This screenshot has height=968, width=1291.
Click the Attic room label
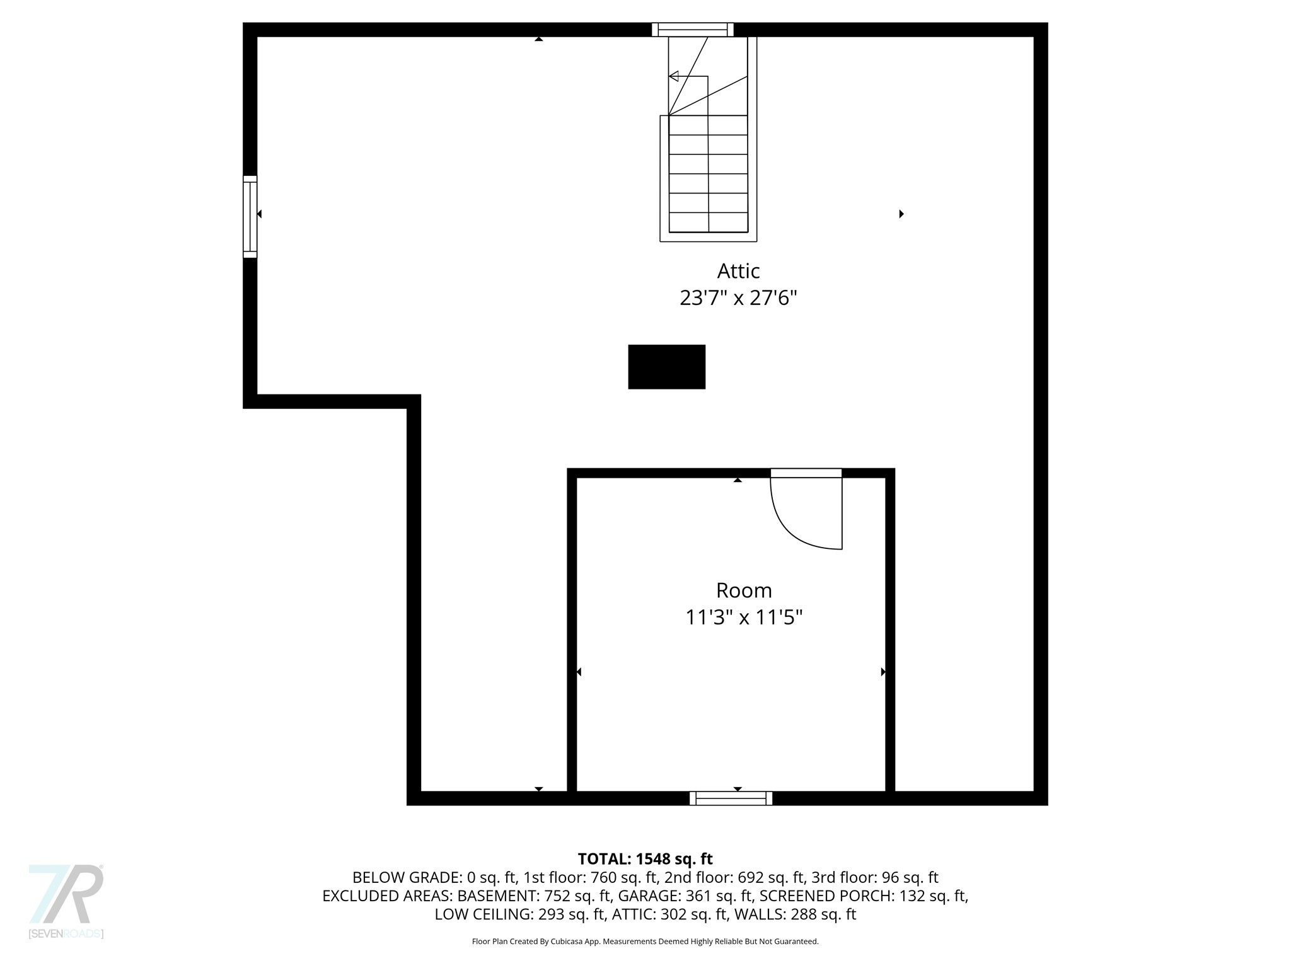coord(738,271)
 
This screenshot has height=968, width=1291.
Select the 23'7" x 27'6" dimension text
coord(738,297)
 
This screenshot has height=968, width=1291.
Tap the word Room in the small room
coord(744,591)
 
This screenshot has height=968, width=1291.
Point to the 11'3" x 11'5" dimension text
coord(744,617)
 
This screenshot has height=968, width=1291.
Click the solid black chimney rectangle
coord(666,367)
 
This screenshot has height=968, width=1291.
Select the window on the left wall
coord(250,217)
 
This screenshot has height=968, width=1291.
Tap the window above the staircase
coord(692,30)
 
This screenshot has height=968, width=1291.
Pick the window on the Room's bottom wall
coord(731,798)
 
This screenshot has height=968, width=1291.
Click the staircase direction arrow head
coord(673,76)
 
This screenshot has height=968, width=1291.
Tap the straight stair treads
coord(708,173)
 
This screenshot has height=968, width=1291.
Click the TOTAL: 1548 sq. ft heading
coord(645,859)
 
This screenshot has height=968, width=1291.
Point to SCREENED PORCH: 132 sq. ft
coord(863,896)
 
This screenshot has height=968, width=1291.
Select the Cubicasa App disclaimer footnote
coord(645,942)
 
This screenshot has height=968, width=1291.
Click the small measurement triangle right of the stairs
coord(901,214)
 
